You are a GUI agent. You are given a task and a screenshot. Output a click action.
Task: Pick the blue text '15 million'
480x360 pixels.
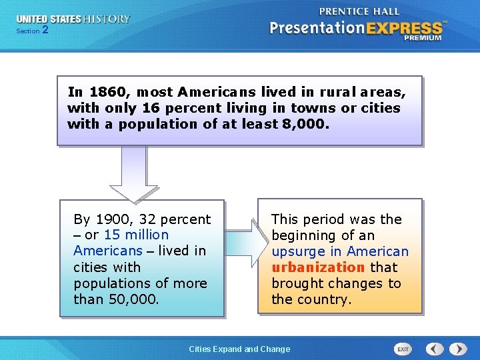[x=136, y=235]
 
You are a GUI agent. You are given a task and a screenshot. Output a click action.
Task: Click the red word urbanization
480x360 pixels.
[x=318, y=267]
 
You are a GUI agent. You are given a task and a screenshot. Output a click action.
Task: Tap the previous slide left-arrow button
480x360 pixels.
[x=435, y=349]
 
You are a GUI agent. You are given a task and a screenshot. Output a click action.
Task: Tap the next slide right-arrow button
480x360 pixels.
[x=458, y=349]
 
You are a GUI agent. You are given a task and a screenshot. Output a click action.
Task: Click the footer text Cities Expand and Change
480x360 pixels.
[x=239, y=349]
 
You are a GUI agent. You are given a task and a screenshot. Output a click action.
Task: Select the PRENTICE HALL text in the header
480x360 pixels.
[x=359, y=11]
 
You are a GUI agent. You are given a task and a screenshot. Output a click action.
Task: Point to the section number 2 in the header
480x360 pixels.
[x=45, y=30]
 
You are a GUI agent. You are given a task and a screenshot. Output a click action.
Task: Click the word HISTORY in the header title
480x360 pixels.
[x=106, y=19]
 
